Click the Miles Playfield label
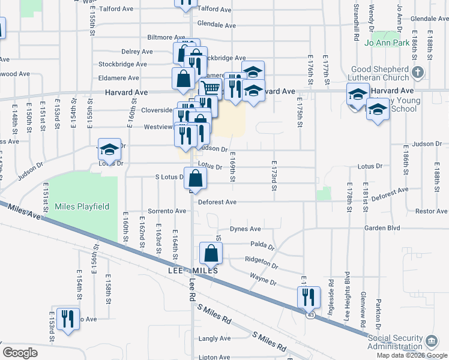tap(82, 206)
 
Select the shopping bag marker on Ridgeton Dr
tap(211, 253)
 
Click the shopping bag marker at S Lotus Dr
tap(196, 178)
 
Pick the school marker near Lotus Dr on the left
tap(109, 151)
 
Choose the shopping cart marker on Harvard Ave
tap(209, 89)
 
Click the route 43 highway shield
tap(310, 314)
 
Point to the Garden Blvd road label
tap(381, 229)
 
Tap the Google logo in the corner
tap(20, 353)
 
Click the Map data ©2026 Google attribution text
tap(411, 355)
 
